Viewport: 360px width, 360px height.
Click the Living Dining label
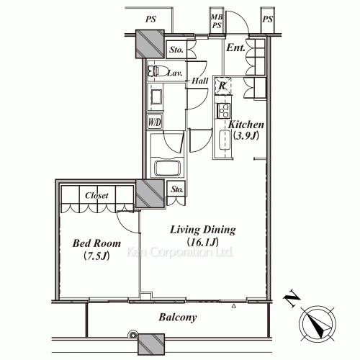click(x=203, y=230)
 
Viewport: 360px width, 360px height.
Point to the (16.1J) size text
click(x=203, y=243)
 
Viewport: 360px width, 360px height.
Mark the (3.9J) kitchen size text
click(x=243, y=136)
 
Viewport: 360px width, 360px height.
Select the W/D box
click(x=155, y=122)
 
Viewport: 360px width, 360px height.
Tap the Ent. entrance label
click(x=235, y=49)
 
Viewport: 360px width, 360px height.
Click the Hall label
click(x=200, y=81)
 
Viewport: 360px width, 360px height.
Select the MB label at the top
click(x=215, y=16)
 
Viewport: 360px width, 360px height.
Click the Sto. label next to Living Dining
click(x=176, y=190)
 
